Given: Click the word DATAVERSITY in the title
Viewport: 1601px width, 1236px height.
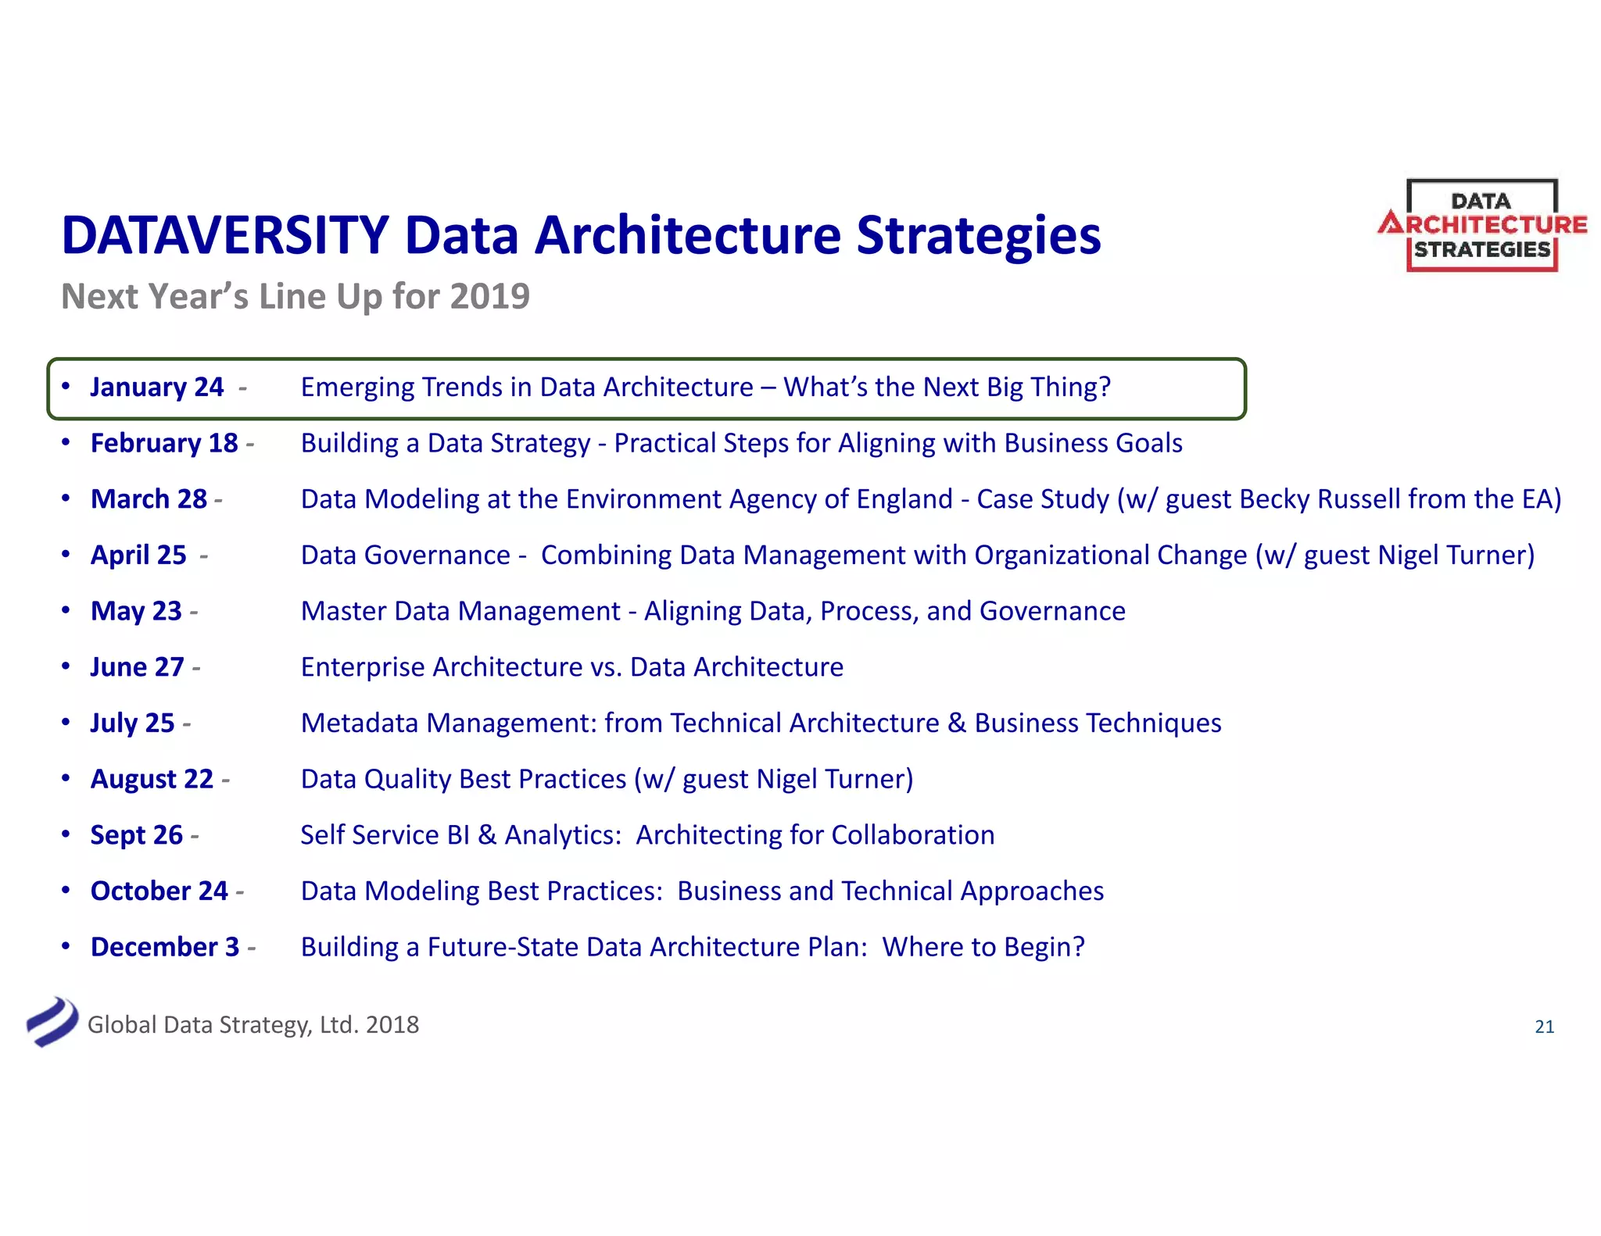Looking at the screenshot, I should pos(225,235).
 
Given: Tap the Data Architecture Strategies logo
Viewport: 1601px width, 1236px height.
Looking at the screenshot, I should pos(1481,226).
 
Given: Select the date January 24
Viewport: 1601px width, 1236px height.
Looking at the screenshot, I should pos(156,388).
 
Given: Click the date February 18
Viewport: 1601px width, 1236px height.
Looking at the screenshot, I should pos(163,443).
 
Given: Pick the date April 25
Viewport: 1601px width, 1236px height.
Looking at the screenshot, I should pos(138,555).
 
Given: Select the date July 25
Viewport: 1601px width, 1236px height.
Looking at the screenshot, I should pos(132,723).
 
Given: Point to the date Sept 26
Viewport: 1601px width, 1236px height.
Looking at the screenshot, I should pos(136,835).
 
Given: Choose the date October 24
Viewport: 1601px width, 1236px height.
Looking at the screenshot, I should pos(159,891).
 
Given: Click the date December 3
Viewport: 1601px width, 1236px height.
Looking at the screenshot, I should pos(164,947).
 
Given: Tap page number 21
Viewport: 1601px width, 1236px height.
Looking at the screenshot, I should pos(1544,1027).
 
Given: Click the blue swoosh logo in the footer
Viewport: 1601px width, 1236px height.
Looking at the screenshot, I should pos(52,1022).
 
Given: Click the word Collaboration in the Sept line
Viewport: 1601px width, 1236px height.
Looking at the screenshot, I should pos(912,835).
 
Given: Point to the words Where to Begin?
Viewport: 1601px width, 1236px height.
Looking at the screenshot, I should pos(983,947).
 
